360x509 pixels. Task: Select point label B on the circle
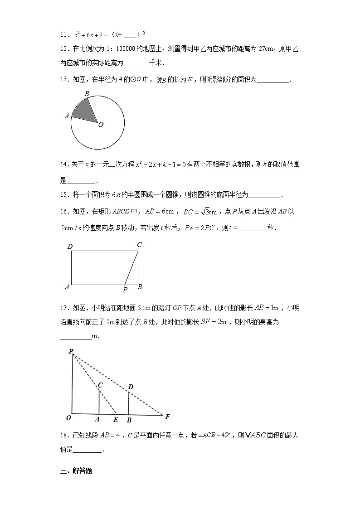coord(87,94)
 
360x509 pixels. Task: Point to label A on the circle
coord(67,116)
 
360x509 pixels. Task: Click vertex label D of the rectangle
coord(70,247)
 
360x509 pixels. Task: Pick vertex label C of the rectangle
coord(139,245)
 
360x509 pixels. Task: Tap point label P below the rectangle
coord(125,290)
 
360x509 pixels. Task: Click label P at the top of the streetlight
coord(71,351)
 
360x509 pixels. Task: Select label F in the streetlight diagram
coord(167,417)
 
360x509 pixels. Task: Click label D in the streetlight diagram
coord(131,387)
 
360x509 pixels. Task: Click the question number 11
coord(64,34)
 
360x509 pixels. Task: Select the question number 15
coord(64,195)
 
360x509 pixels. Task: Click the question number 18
coord(64,436)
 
